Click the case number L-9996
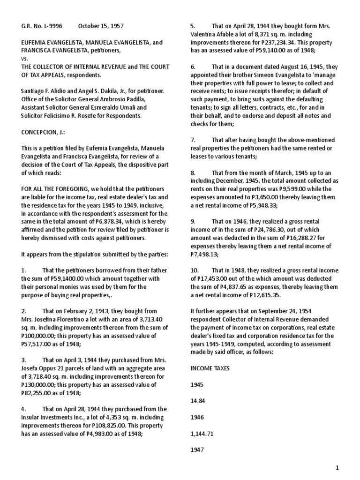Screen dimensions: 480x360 (52, 26)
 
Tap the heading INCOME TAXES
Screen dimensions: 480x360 (210, 368)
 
